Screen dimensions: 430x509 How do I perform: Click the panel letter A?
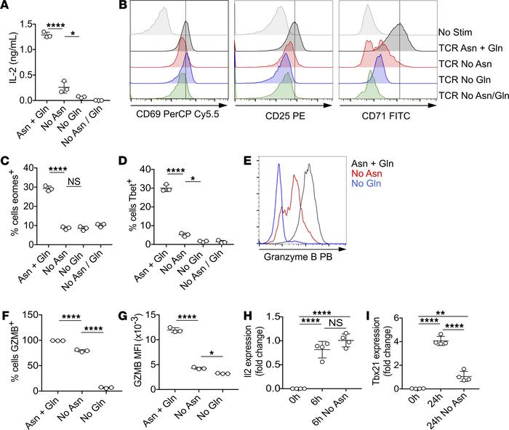[6, 7]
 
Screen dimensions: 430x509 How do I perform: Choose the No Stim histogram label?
[456, 33]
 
